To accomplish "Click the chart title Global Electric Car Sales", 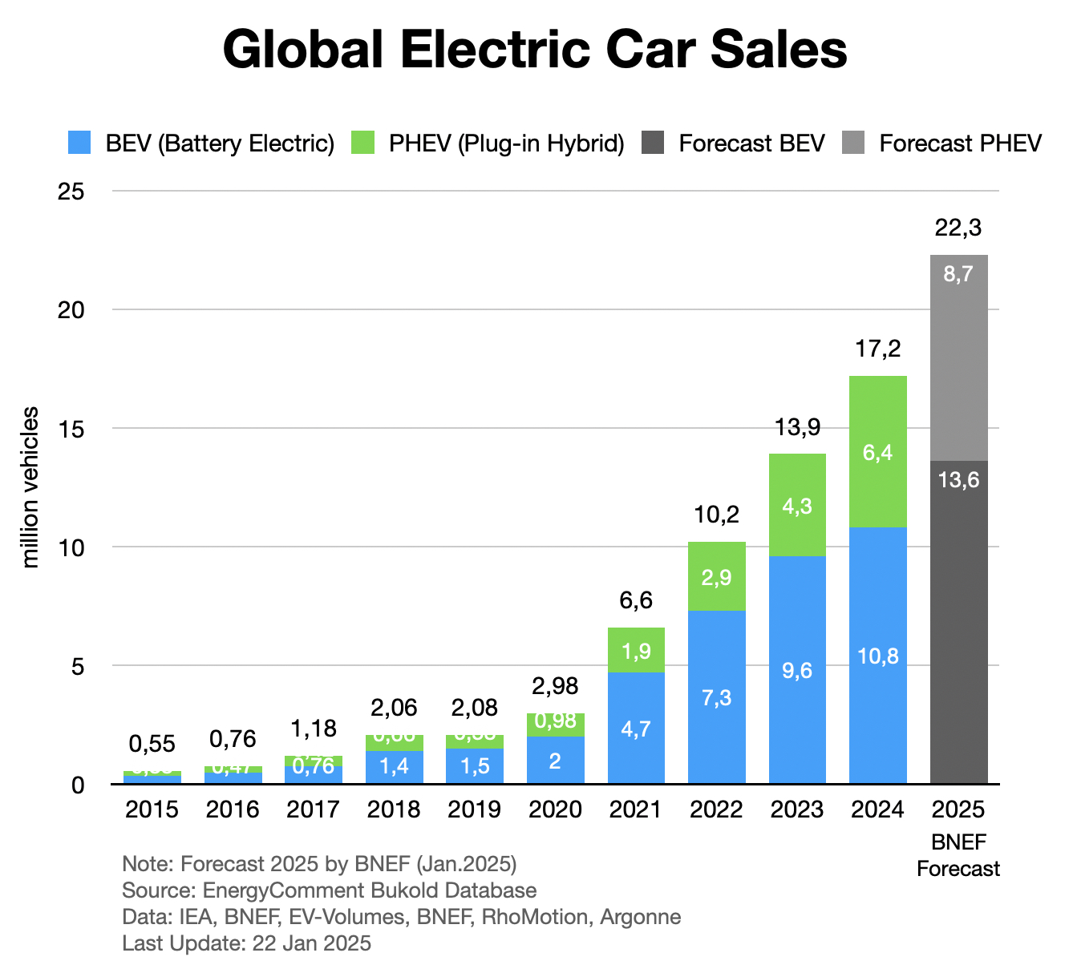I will click(535, 50).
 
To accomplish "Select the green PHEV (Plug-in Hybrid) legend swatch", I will click(364, 143).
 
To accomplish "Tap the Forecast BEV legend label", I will click(751, 143).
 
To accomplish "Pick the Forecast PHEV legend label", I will click(960, 143).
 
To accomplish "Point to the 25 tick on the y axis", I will click(71, 192).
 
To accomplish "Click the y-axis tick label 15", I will click(71, 429).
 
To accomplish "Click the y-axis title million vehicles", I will click(30, 487).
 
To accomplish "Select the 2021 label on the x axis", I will click(635, 809).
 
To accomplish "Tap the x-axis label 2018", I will click(394, 809).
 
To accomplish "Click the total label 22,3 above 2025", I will click(958, 228).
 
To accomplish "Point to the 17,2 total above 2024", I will click(877, 349).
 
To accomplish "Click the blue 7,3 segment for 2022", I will click(716, 697).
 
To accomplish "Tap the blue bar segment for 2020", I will click(555, 760).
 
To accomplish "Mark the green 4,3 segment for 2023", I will click(797, 505).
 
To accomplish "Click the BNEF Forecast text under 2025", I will click(958, 856).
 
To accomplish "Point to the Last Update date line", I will click(246, 943).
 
